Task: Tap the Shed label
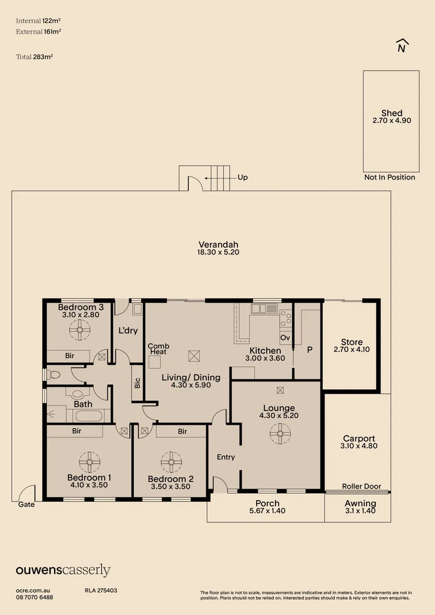(391, 113)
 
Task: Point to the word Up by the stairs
(243, 178)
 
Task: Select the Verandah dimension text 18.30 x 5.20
(218, 252)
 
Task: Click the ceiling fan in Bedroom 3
(80, 329)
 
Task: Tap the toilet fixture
(54, 375)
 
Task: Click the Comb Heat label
(157, 349)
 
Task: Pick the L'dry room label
(129, 331)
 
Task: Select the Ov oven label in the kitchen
(285, 338)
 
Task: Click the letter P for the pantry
(310, 350)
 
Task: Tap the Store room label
(351, 342)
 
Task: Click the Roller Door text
(361, 486)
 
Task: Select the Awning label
(360, 503)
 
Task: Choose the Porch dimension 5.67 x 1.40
(267, 511)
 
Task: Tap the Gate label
(26, 505)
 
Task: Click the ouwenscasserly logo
(63, 570)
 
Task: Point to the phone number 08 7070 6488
(35, 597)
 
